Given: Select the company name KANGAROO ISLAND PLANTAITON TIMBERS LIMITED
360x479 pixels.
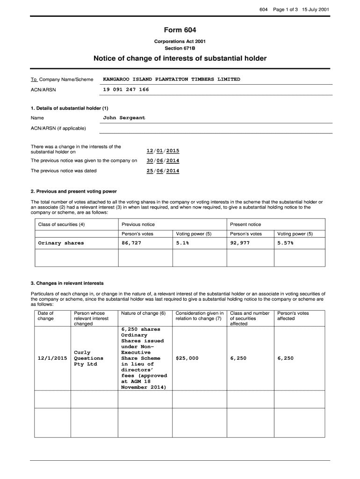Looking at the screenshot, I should coord(171,80).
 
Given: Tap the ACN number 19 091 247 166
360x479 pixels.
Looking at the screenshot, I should coord(126,89).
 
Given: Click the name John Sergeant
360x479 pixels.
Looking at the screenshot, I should coord(124,118).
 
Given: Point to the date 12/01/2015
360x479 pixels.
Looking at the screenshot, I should coord(163,151).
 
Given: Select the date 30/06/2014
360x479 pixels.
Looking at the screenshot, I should coord(163,160).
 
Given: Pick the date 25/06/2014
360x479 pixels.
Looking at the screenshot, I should coord(163,171).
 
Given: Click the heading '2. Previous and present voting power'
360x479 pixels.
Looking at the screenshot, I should coord(74,191).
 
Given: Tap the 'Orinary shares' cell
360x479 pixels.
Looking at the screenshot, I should coord(61,243).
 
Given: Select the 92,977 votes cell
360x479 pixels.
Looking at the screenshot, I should coord(240,243).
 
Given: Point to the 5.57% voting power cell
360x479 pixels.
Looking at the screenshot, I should coord(285,243).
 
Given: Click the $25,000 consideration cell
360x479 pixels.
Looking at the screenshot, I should coord(187,358).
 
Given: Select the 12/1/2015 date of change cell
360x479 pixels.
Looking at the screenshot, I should coord(52,358).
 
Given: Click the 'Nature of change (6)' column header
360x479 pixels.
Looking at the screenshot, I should coord(143,313).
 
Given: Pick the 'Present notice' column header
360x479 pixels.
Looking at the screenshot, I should coord(245,225).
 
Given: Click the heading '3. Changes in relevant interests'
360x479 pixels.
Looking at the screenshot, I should coord(67,283).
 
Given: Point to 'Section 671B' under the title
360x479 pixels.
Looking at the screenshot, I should coord(180,48).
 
